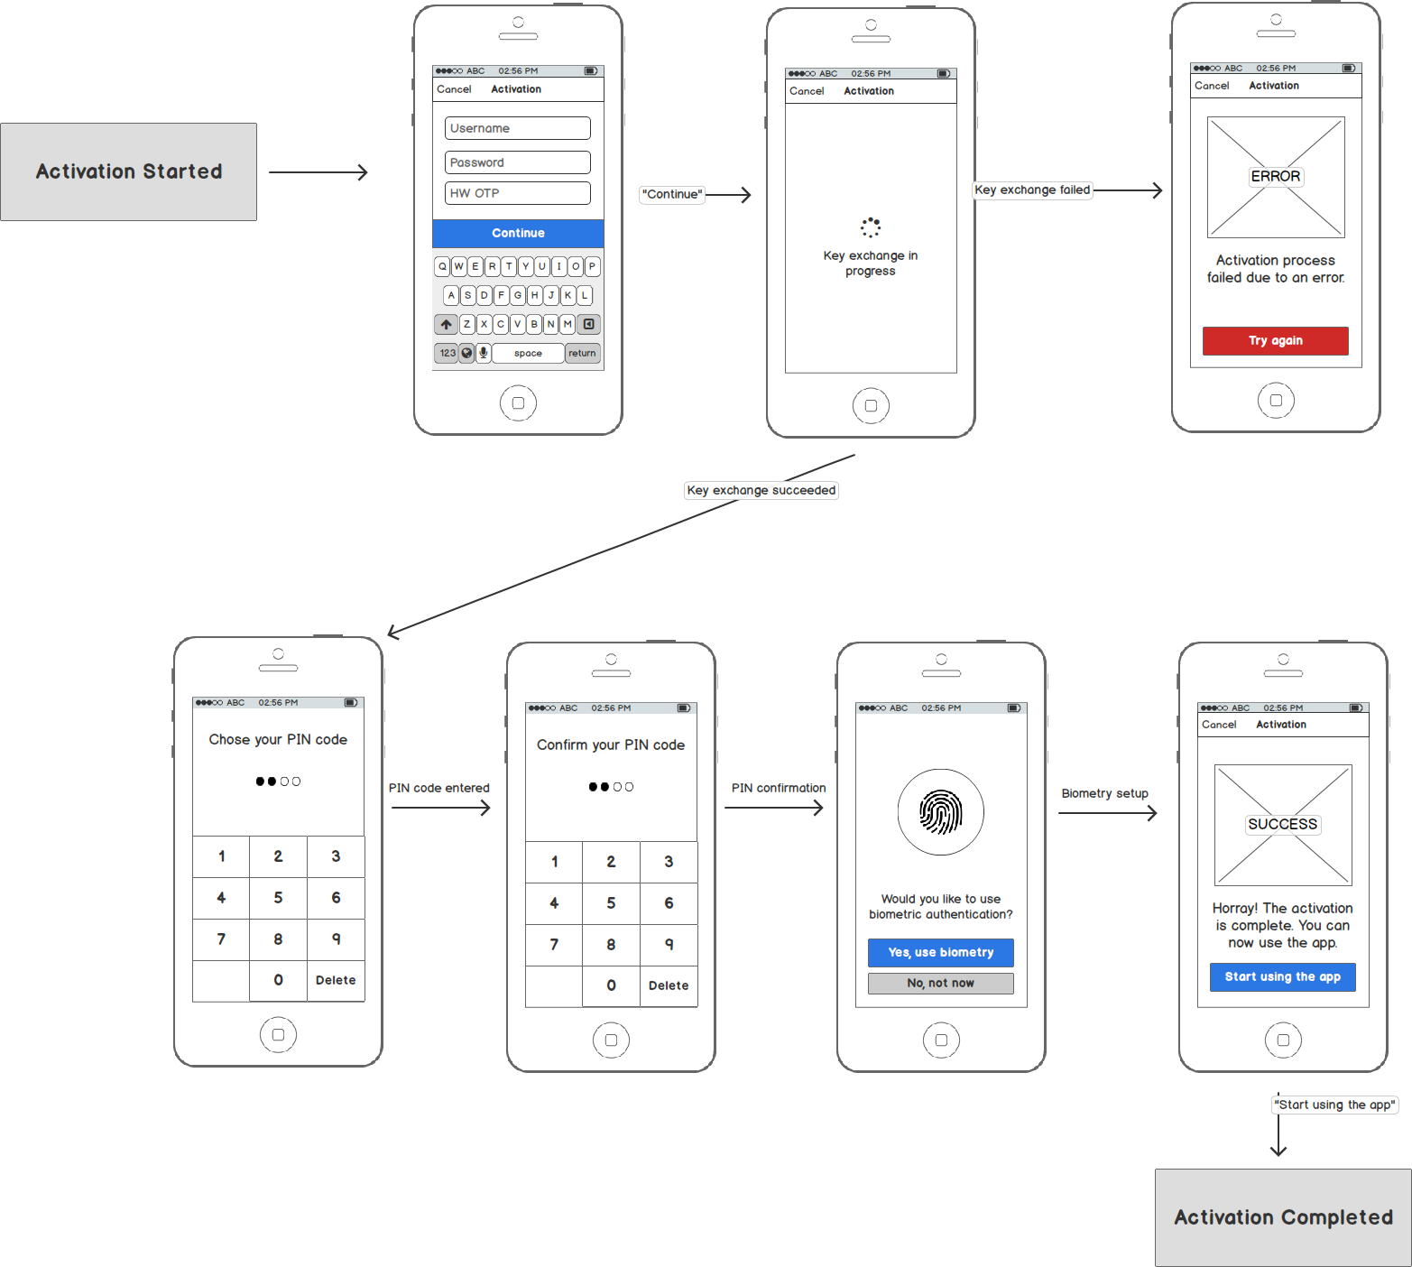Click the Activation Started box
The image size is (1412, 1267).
128,171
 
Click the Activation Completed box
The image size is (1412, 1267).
1282,1217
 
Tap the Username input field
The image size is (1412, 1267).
517,128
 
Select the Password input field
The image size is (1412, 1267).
517,162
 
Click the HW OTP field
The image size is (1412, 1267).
517,193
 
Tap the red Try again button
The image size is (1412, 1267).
1275,340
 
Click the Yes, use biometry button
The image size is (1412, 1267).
940,952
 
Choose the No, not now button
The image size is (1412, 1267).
940,983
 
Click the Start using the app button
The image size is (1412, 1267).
1282,976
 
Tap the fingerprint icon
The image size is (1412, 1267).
940,812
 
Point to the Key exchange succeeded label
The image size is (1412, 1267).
761,490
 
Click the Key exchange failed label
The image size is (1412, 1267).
1031,190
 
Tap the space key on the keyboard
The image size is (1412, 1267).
528,353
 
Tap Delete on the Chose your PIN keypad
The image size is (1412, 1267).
336,980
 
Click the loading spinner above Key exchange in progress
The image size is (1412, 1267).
870,227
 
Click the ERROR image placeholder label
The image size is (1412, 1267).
1275,176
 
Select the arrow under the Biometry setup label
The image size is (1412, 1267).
1107,813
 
